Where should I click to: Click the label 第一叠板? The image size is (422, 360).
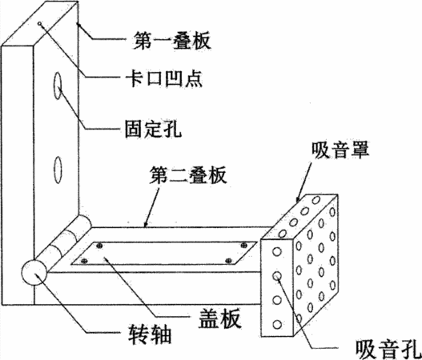tap(171, 40)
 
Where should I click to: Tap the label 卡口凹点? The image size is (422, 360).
tap(164, 78)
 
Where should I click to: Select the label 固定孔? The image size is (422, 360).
tap(153, 129)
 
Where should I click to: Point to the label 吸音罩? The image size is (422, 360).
tap(340, 150)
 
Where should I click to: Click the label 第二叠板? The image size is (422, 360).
tap(188, 174)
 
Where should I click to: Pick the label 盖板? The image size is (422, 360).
tap(219, 318)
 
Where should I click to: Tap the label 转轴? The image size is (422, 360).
tap(150, 334)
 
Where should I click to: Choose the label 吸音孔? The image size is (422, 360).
tap(388, 350)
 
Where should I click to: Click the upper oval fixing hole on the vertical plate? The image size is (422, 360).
tap(58, 86)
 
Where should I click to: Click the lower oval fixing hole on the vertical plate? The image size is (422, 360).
tap(58, 170)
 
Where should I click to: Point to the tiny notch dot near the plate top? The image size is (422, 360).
tap(40, 24)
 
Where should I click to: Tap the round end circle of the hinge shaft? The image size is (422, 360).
tap(34, 272)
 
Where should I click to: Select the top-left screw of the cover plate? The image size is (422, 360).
tap(99, 246)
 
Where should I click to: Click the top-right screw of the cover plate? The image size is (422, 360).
tap(244, 245)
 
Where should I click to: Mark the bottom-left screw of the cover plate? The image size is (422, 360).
tap(84, 261)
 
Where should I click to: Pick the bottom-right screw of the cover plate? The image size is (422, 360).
tap(228, 261)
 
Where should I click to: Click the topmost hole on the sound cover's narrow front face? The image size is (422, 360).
tap(277, 252)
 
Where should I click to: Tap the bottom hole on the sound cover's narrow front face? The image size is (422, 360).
tap(277, 324)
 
